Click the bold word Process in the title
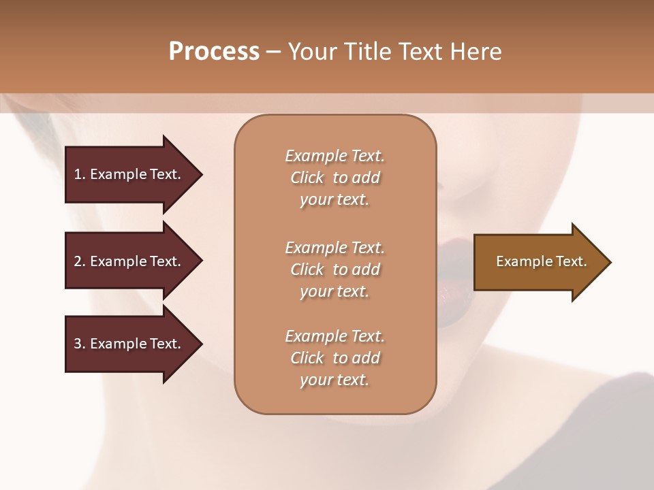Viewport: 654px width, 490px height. (214, 52)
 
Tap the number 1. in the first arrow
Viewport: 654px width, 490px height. (80, 174)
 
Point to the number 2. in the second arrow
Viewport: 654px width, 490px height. (80, 261)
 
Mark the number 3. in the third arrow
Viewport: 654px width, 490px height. (80, 344)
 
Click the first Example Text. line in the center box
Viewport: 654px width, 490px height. (334, 156)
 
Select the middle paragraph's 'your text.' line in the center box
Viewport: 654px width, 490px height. (334, 291)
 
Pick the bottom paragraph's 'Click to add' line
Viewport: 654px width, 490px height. (334, 358)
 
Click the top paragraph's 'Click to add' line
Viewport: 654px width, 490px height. (334, 178)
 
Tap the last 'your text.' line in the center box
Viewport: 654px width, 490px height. (334, 380)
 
